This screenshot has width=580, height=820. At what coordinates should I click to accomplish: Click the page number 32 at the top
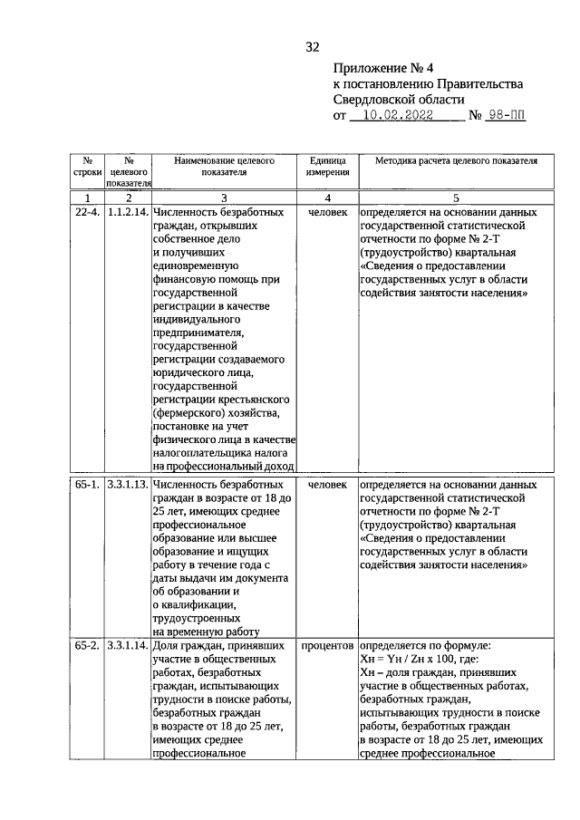(x=313, y=47)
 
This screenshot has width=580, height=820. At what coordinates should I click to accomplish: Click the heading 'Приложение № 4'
(x=380, y=68)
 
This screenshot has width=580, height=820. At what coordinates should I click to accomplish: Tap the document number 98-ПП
(x=506, y=116)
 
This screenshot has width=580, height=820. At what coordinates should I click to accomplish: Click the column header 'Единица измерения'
(x=327, y=166)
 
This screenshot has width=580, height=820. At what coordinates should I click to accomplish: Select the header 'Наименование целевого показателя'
(x=224, y=166)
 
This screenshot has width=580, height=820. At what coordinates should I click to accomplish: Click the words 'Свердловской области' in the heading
(x=398, y=99)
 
